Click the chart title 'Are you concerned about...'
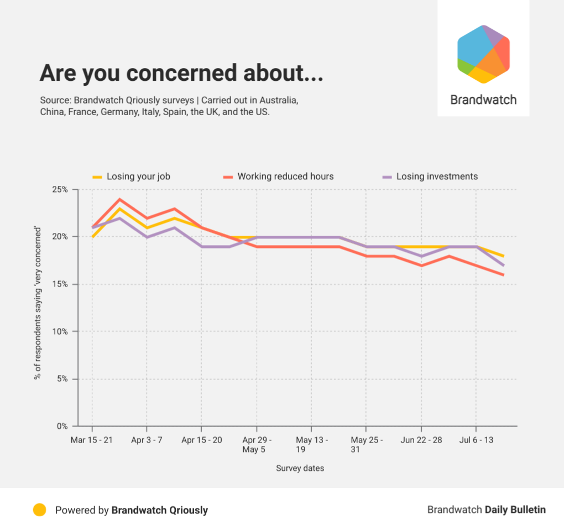(x=181, y=74)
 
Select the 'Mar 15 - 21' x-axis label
(x=92, y=440)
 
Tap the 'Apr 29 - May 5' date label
(x=256, y=444)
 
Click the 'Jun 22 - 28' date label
(x=421, y=440)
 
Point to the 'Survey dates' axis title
(x=300, y=468)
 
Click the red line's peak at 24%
(x=119, y=199)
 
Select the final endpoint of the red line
(x=503, y=274)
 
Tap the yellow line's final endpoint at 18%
(x=503, y=256)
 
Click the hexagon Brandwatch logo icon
(x=483, y=54)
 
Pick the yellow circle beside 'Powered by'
(x=39, y=510)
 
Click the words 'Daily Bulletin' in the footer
(x=515, y=510)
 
